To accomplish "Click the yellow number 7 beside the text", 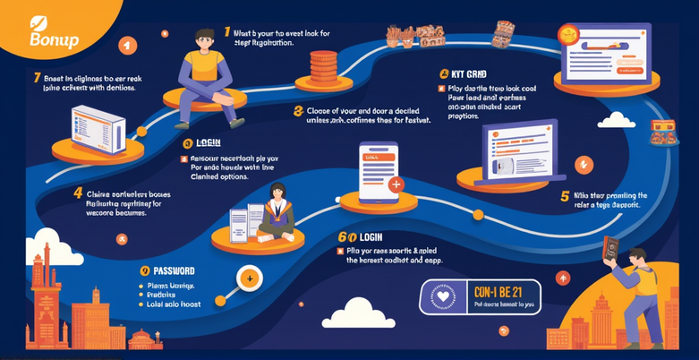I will pyautogui.click(x=37, y=78).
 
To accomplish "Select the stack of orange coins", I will pyautogui.click(x=323, y=67).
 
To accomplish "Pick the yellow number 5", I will pyautogui.click(x=564, y=196).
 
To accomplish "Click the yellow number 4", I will pyautogui.click(x=78, y=193).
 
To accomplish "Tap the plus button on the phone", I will pyautogui.click(x=396, y=184).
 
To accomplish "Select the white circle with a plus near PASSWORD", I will pyautogui.click(x=250, y=279).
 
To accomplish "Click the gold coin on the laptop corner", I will pyautogui.click(x=567, y=34).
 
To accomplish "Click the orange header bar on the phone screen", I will pyautogui.click(x=376, y=158).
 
